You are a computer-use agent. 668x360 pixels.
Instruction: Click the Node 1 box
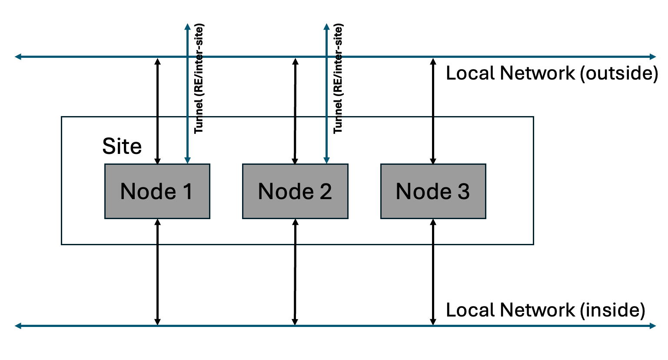click(157, 191)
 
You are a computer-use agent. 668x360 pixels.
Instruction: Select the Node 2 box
click(295, 191)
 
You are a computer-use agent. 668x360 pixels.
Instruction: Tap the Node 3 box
click(433, 191)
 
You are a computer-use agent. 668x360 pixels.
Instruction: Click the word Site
click(122, 147)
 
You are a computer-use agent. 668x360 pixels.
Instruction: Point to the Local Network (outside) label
click(552, 73)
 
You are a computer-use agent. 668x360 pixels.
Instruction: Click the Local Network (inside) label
click(545, 310)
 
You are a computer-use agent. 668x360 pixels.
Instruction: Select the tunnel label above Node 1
click(199, 78)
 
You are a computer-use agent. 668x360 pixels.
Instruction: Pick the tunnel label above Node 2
click(338, 78)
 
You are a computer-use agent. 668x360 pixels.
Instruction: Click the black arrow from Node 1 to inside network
click(158, 272)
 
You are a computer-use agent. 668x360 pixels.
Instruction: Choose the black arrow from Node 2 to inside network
click(295, 272)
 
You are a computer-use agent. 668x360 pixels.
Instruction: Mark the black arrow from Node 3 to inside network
click(433, 272)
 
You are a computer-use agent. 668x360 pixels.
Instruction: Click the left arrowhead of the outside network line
click(18, 57)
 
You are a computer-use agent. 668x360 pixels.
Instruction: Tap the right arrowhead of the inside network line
click(653, 325)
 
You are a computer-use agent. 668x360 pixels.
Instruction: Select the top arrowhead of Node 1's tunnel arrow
click(187, 26)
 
